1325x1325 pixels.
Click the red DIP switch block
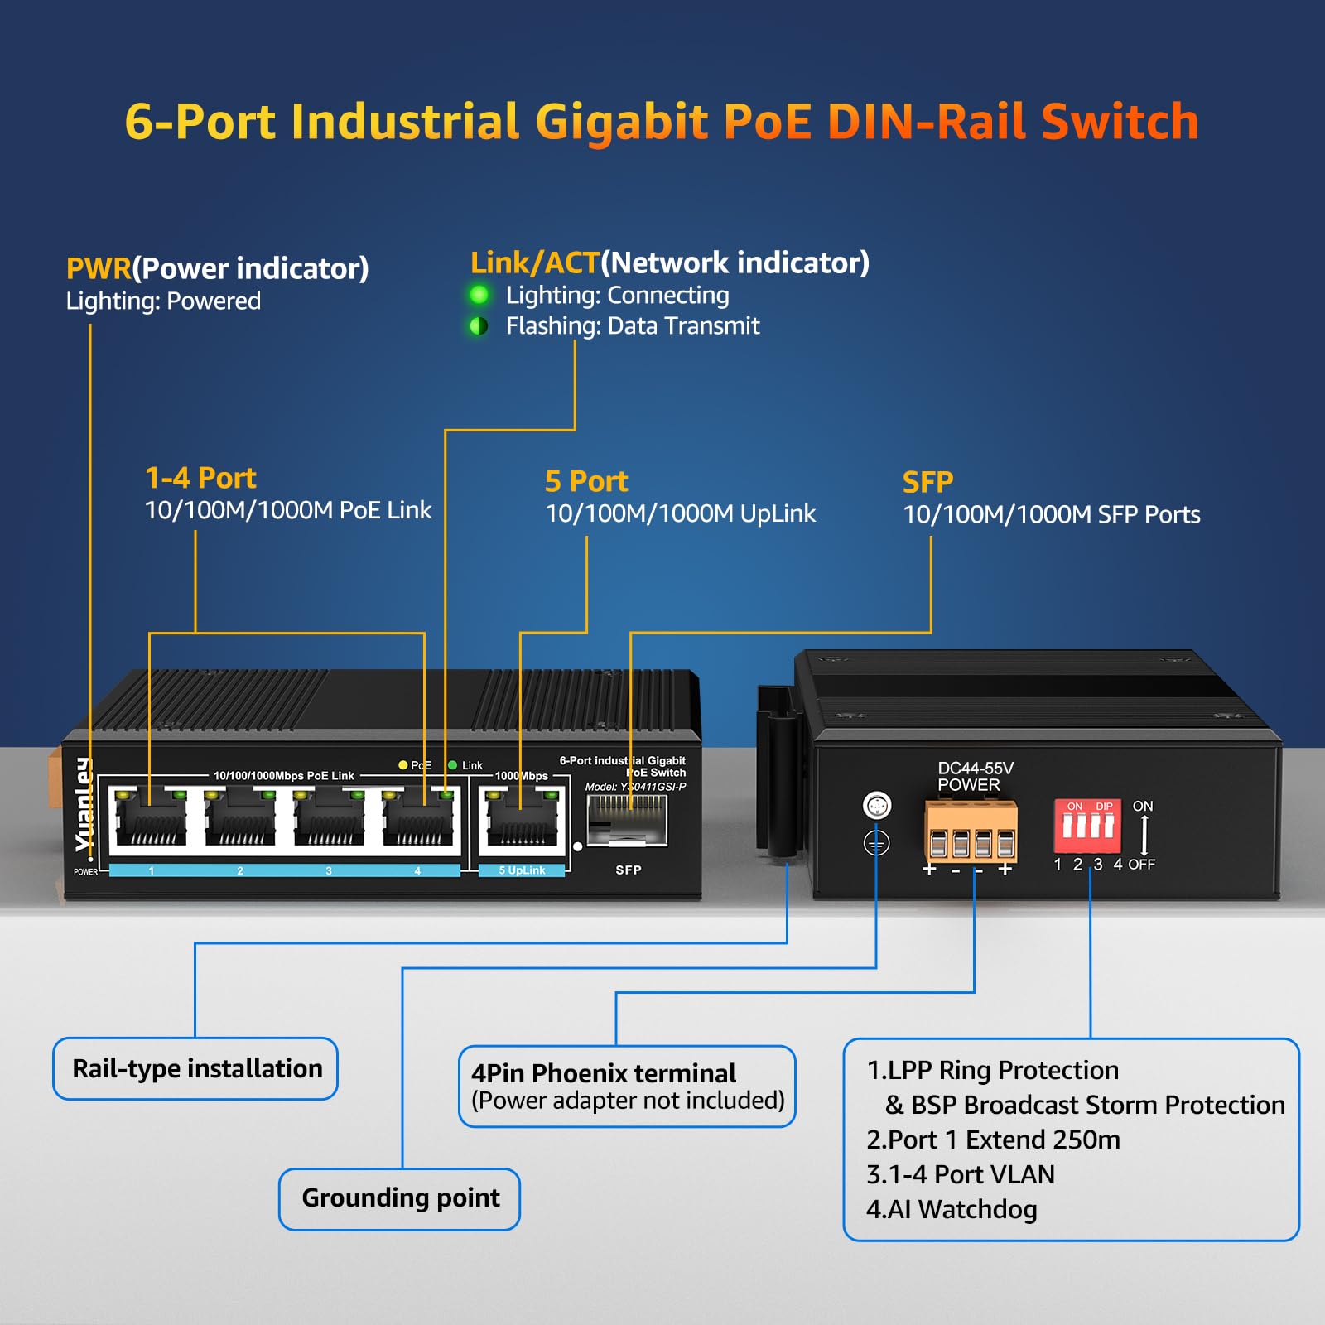tap(1086, 826)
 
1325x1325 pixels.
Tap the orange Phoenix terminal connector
tap(971, 831)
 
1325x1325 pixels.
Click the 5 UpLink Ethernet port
tap(522, 820)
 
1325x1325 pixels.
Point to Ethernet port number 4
tap(418, 820)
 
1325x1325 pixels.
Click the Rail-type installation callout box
tap(196, 1068)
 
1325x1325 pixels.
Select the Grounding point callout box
tap(400, 1198)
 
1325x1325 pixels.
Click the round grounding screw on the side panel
tap(876, 805)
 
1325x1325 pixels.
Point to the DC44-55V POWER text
tap(975, 776)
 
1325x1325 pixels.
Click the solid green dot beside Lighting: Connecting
tap(479, 295)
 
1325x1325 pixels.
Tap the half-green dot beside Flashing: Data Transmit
tap(479, 325)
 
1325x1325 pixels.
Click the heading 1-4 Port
tap(200, 478)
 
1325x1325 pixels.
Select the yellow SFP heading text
tap(927, 482)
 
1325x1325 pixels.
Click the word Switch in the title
tap(1120, 122)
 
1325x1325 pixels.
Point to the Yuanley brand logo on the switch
tap(84, 803)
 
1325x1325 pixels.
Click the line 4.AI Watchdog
tap(952, 1209)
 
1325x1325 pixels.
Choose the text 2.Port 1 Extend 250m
tap(993, 1139)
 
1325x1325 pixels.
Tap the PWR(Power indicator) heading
tap(217, 268)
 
